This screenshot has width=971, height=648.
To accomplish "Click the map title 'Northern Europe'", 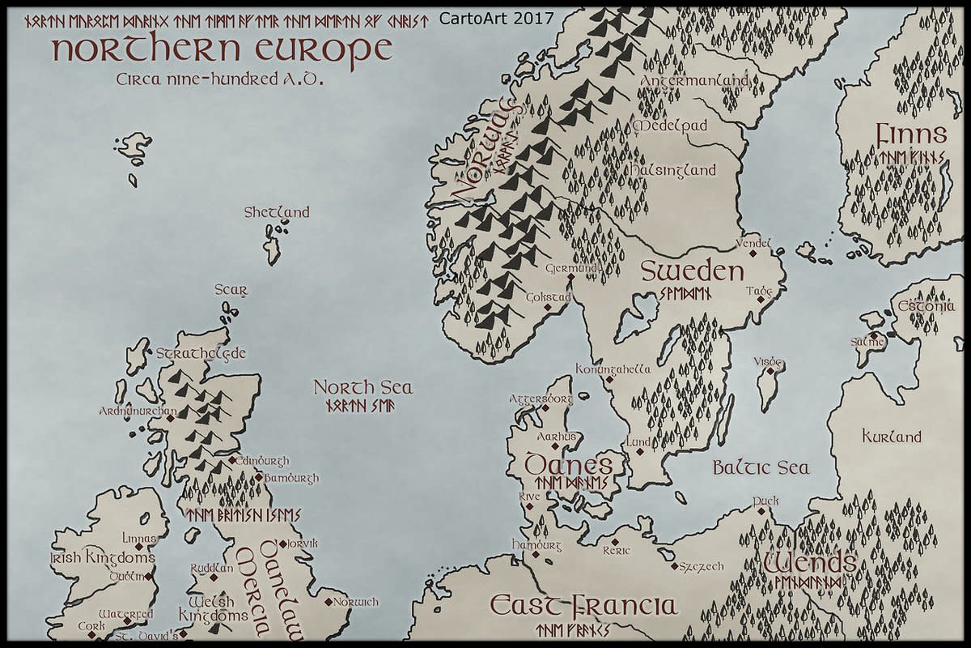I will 222,49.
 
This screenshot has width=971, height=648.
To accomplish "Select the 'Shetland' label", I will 277,212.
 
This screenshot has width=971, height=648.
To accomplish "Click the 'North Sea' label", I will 363,388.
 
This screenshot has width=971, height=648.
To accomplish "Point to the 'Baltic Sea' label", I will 761,467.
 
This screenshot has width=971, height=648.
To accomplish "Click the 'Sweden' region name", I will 692,271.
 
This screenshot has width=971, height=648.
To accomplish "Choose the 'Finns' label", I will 910,134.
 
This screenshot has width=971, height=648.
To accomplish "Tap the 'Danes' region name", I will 568,465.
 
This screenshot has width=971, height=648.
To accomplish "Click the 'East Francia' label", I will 583,606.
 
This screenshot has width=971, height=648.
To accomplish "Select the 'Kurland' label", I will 891,437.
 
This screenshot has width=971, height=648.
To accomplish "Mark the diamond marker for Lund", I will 639,451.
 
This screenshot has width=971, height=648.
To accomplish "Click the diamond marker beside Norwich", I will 328,602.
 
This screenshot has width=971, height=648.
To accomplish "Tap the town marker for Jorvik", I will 282,544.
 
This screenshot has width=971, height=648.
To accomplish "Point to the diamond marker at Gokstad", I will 547,307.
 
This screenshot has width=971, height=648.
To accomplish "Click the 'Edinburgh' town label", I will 264,461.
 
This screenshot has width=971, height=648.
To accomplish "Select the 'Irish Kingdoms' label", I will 102,558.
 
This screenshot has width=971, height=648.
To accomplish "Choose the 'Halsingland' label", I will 673,170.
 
